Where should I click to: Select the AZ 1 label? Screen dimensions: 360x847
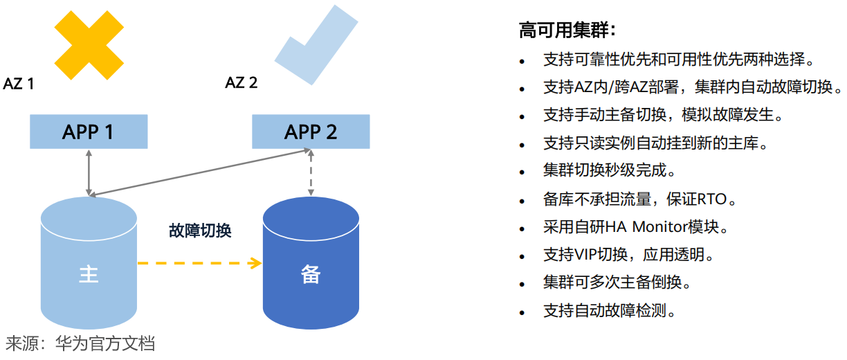point(19,84)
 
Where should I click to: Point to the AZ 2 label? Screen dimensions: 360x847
point(242,83)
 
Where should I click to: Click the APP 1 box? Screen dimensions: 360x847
point(88,132)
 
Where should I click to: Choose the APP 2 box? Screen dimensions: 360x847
point(311,132)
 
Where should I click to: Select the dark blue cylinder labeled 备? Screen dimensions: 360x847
point(311,273)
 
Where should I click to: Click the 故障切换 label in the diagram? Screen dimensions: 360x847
point(200,231)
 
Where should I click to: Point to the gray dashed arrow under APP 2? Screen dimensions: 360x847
point(311,173)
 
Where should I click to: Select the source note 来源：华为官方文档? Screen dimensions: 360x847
point(80,343)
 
